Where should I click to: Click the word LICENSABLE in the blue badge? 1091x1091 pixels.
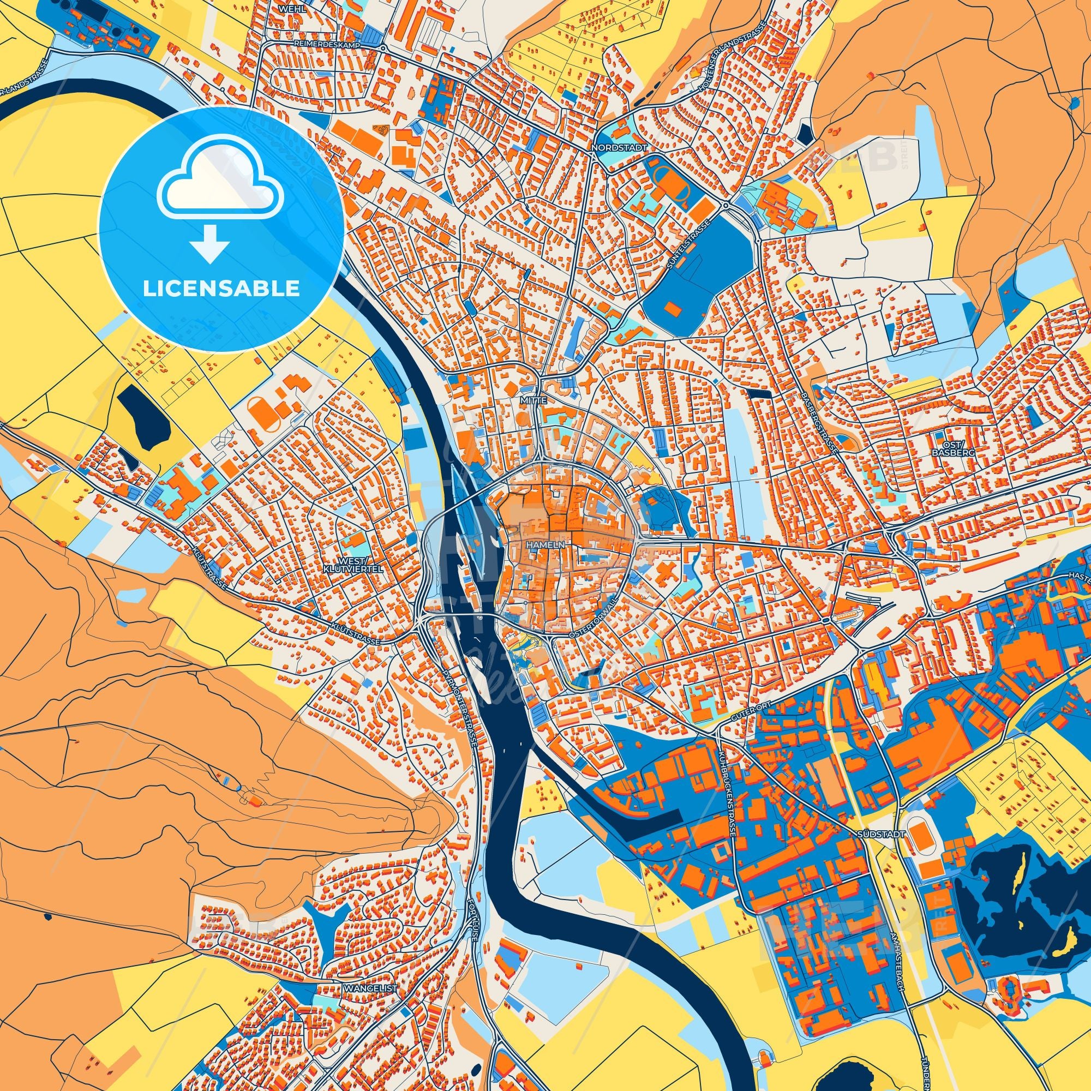coord(221,289)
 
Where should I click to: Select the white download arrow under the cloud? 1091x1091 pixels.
coord(209,243)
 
